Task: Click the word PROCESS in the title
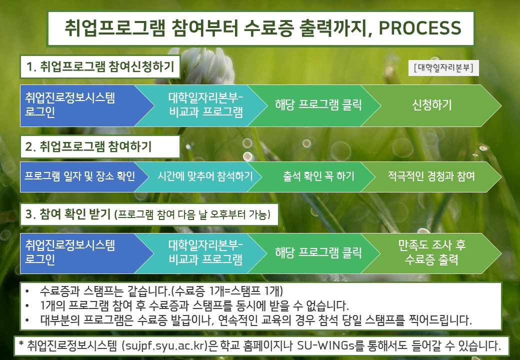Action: click(420, 28)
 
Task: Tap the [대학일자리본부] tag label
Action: click(443, 67)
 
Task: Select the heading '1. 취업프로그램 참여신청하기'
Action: click(100, 66)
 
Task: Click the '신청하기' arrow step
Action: click(431, 105)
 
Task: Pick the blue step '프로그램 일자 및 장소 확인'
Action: click(80, 176)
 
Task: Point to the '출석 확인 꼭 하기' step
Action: click(318, 176)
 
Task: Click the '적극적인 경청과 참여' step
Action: click(431, 176)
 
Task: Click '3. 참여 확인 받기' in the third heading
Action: click(68, 214)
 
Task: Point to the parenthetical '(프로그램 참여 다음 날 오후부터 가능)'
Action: click(192, 215)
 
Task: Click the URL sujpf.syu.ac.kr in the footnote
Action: click(165, 345)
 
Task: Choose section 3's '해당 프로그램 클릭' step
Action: click(318, 253)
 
